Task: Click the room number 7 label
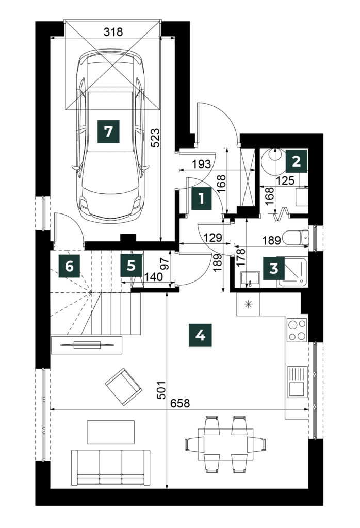point(108,131)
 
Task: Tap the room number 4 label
point(201,335)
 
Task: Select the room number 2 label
point(297,161)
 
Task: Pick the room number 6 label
point(70,266)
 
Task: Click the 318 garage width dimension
point(113,32)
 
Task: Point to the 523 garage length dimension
point(155,138)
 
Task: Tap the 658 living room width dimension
point(180,403)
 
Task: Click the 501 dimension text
point(162,390)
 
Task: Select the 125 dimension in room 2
point(285,180)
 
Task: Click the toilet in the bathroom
point(296,237)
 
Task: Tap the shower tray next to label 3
point(292,272)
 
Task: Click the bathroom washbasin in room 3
point(250,279)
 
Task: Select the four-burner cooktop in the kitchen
point(297,329)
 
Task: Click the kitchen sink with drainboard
point(298,382)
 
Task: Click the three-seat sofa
point(111,467)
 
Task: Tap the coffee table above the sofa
point(111,432)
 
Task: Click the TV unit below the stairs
point(86,345)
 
